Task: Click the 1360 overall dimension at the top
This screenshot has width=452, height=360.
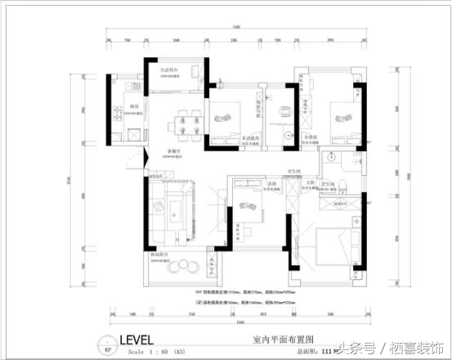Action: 236,28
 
